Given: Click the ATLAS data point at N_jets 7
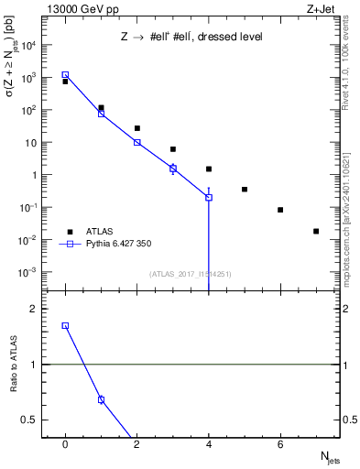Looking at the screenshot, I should (316, 231).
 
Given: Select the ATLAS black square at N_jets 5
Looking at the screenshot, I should (245, 190).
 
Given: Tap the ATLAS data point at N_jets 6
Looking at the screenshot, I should (280, 210).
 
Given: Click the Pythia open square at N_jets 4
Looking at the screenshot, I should (209, 197).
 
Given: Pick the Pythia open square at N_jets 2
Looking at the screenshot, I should (137, 142).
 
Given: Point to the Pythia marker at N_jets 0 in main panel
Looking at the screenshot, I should (65, 75).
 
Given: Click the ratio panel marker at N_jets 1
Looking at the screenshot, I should (101, 399).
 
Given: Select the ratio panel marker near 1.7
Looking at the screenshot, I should (65, 325).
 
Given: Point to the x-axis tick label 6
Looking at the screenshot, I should (280, 444).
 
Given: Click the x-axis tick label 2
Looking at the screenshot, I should (137, 444).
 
